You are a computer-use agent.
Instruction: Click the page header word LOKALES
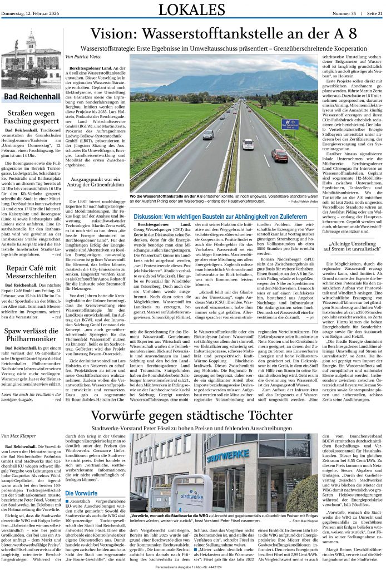pos(192,9)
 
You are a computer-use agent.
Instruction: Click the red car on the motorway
pos(279,155)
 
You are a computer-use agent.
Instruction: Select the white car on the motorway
pos(248,144)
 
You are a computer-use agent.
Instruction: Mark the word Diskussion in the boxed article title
pos(149,214)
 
